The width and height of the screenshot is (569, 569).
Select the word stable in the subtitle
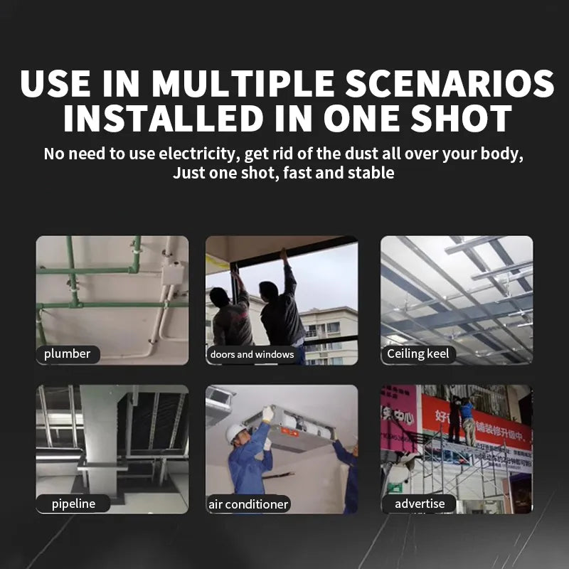[371, 173]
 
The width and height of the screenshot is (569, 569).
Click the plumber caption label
[68, 353]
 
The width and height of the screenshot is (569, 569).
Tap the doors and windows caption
[252, 354]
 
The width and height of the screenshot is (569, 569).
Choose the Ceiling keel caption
[418, 353]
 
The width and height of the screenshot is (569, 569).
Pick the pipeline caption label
[73, 504]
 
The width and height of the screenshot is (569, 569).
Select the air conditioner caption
[248, 504]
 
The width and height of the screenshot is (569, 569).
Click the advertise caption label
[420, 504]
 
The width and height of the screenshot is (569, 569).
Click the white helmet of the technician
[235, 432]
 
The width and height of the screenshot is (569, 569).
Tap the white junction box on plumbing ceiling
[172, 272]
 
